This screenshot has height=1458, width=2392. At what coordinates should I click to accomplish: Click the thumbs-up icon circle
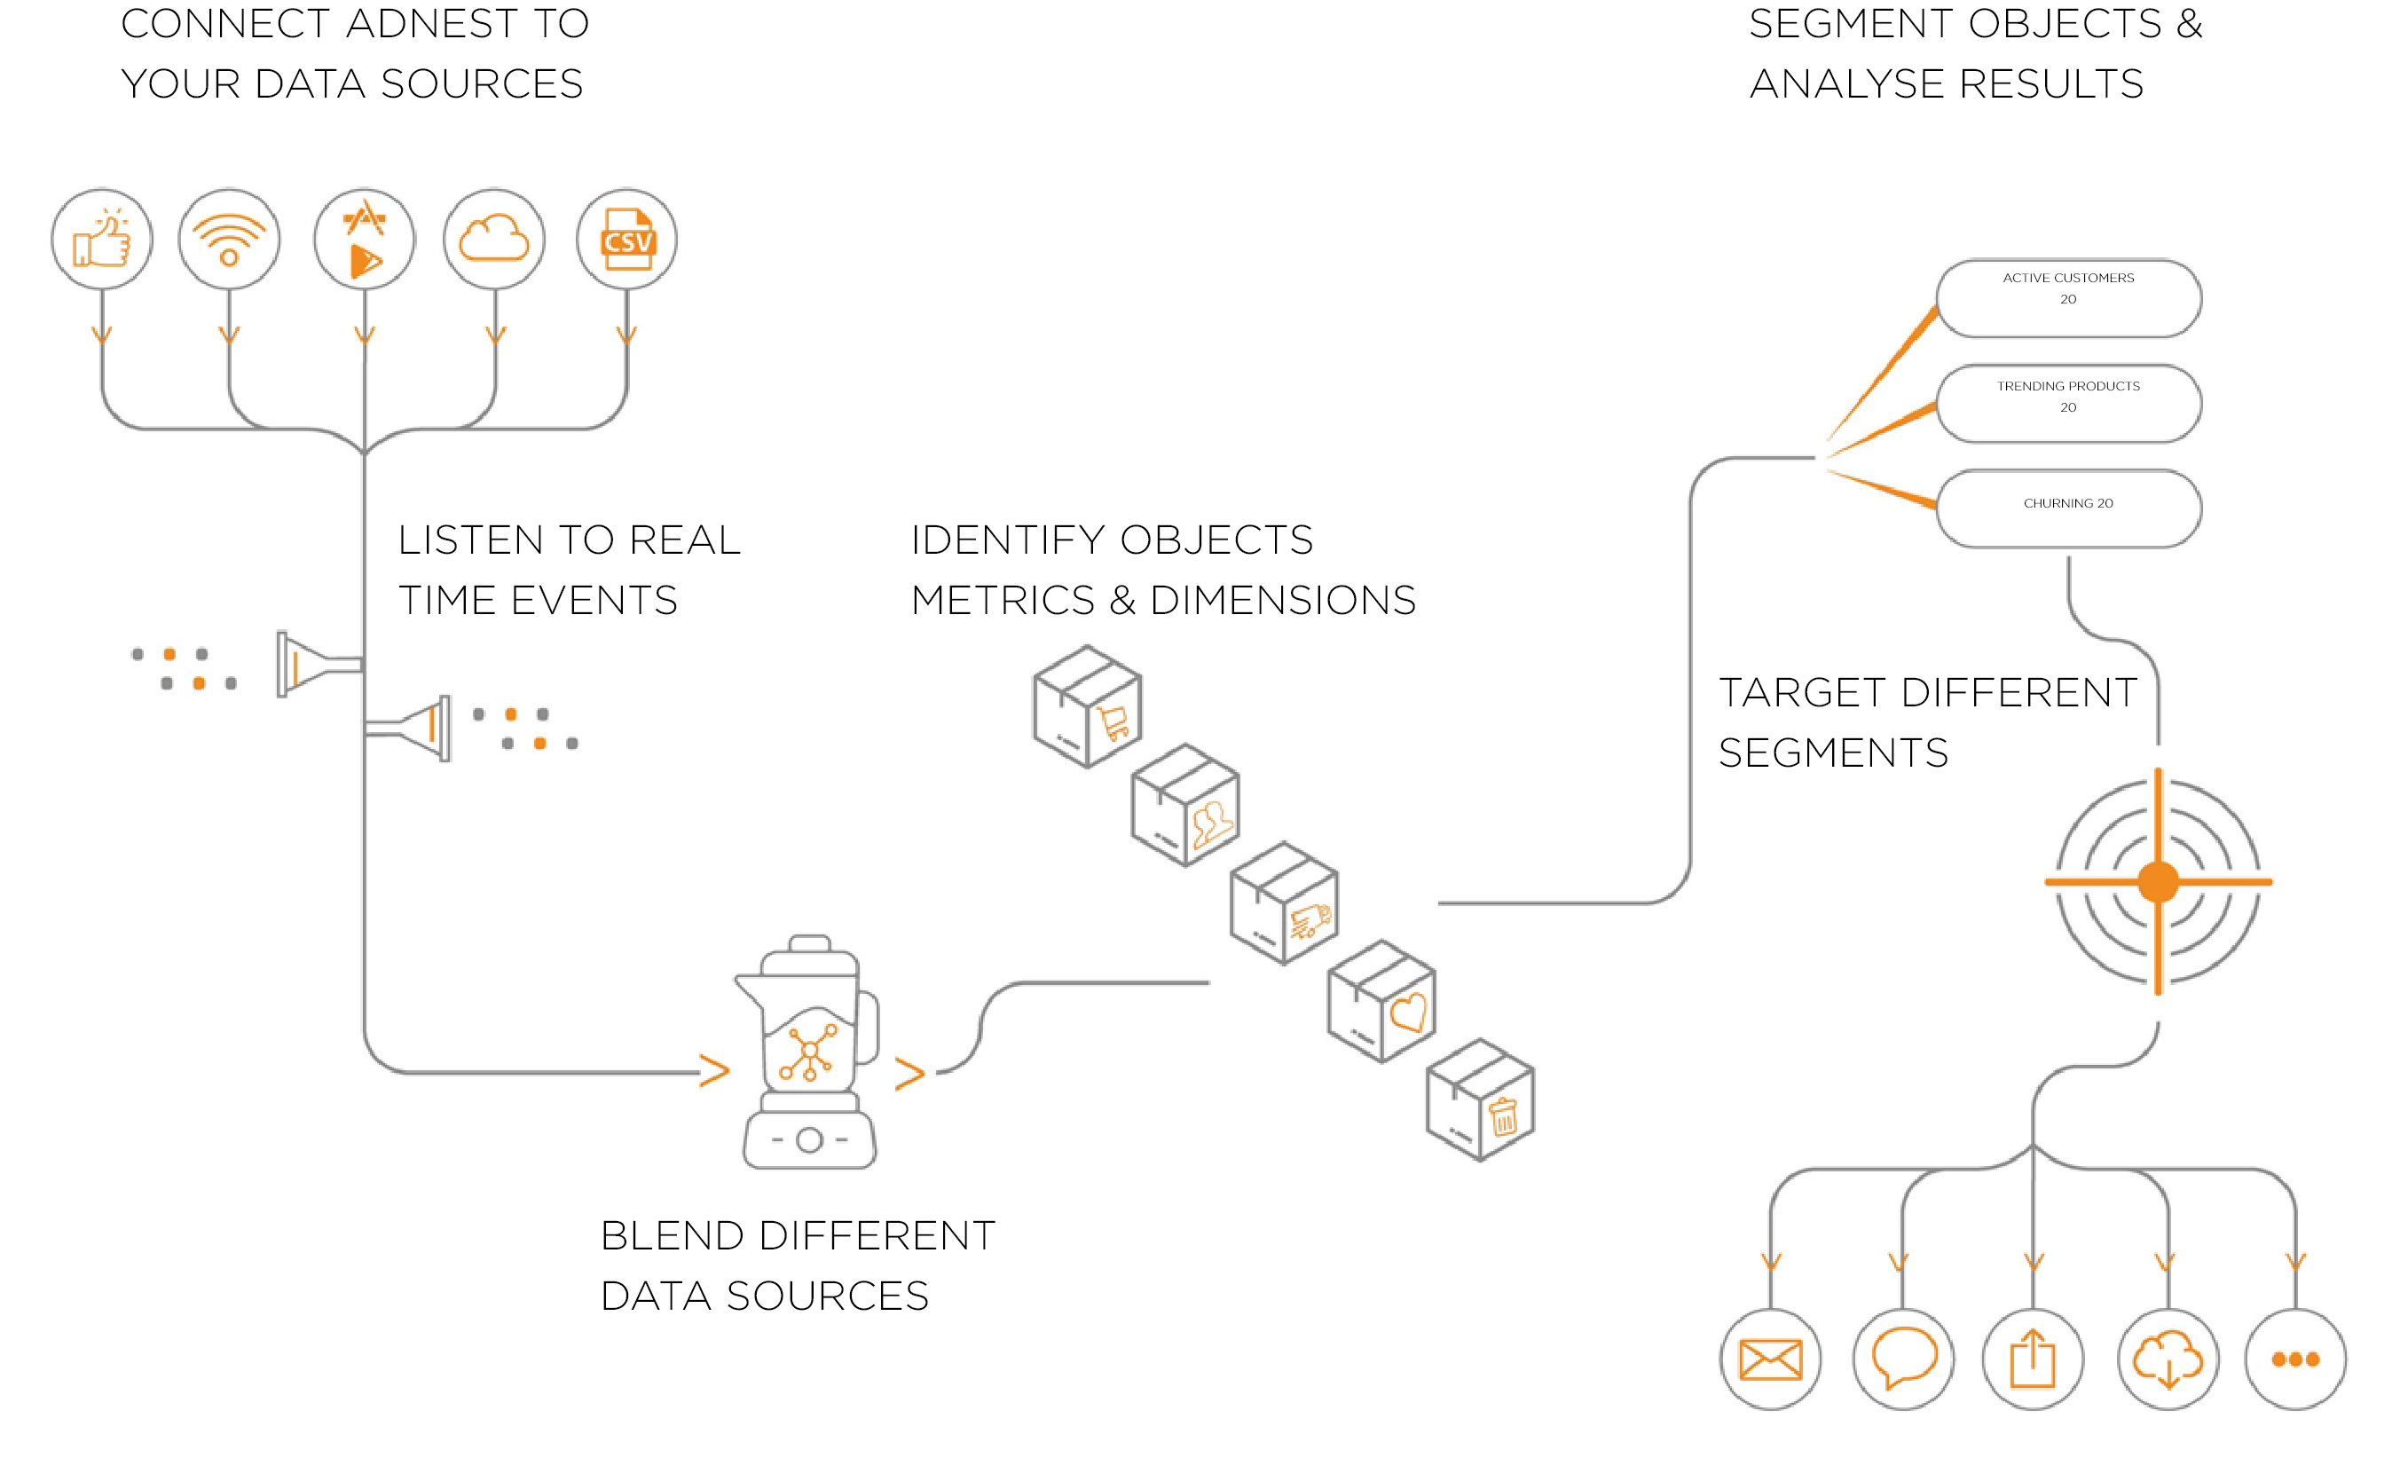102,240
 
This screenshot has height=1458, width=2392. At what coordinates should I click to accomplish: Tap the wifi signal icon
229,240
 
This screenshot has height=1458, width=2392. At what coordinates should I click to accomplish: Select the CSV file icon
627,240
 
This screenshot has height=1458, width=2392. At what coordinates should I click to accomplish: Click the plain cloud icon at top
494,240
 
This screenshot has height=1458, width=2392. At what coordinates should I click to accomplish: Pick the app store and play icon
364,240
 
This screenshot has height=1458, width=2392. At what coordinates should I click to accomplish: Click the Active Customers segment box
2068,298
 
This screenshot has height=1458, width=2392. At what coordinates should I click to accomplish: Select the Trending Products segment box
2068,404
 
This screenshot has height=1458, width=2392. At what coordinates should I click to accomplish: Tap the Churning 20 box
2068,508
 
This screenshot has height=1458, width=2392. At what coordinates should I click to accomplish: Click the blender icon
808,1053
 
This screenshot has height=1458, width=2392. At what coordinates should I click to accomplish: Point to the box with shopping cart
1087,706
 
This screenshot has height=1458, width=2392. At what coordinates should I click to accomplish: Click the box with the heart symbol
1381,1002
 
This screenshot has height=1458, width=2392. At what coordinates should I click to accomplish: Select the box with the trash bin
1481,1099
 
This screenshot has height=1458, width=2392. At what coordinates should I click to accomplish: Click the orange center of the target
2158,881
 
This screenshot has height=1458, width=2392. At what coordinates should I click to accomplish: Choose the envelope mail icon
1771,1359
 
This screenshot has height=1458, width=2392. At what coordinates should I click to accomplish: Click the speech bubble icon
1903,1359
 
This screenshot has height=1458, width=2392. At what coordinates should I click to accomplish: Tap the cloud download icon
2168,1359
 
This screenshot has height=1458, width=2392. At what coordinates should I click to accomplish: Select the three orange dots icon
2296,1359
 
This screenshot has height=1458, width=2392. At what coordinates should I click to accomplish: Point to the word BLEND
672,1236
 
